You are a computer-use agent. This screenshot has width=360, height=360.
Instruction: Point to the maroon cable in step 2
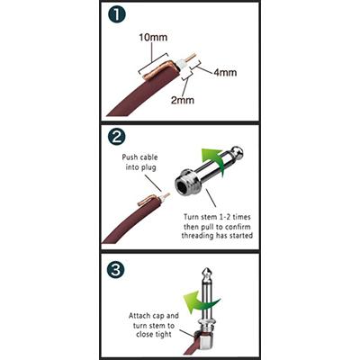click(x=126, y=225)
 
